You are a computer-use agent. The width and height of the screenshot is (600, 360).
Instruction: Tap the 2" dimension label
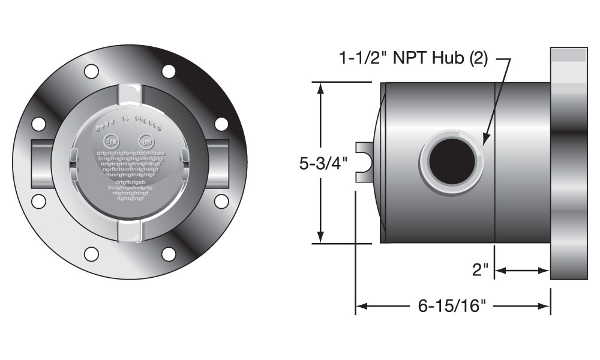(480, 271)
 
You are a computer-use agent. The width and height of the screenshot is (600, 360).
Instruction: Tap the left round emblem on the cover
(112, 142)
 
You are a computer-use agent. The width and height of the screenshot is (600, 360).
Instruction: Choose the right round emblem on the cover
(145, 142)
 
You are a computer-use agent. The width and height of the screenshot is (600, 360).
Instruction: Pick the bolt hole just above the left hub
(39, 124)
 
